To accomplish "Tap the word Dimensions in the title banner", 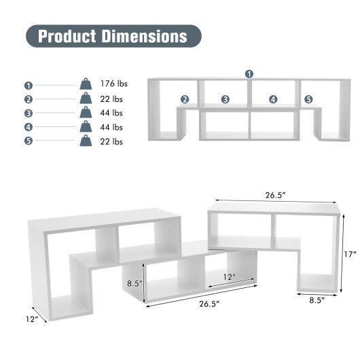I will coord(143,35).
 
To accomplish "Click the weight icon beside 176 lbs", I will coord(86,84).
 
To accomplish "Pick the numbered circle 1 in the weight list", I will coord(29,85).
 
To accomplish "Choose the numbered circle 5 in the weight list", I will coord(29,142).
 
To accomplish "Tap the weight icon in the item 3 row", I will coord(86,113).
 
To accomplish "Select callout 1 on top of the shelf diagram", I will coord(249,73).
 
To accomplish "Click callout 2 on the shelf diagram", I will coord(184,99).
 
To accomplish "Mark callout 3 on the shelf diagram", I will coord(225,99).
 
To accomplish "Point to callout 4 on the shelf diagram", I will coord(273,99).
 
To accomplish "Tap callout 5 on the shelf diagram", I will coord(308,99).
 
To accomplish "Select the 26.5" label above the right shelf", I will coord(275,195).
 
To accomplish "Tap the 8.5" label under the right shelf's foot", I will coord(316,300).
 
